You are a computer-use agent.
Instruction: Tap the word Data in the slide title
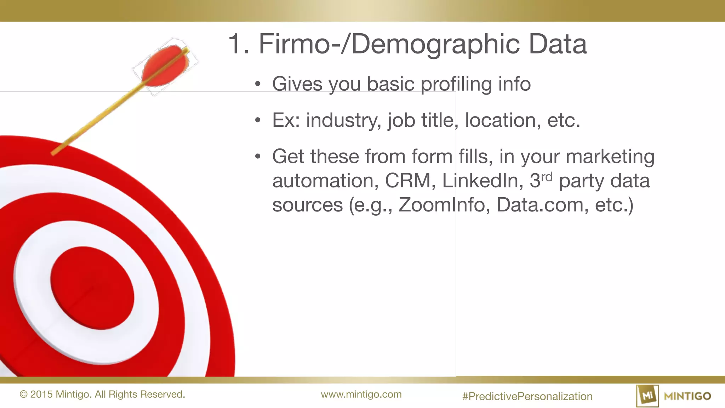click(x=558, y=44)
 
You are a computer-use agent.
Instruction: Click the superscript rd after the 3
click(x=547, y=176)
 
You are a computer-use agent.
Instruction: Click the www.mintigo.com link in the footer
click(x=361, y=394)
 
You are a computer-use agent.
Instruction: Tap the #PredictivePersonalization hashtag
click(x=527, y=396)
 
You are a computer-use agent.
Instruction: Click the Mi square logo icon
click(x=647, y=396)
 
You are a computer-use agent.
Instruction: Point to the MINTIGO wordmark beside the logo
click(x=687, y=396)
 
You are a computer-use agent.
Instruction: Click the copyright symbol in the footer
click(x=23, y=395)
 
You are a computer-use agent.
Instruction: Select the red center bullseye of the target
click(x=92, y=288)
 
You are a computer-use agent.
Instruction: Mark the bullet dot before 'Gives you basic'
click(x=258, y=84)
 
